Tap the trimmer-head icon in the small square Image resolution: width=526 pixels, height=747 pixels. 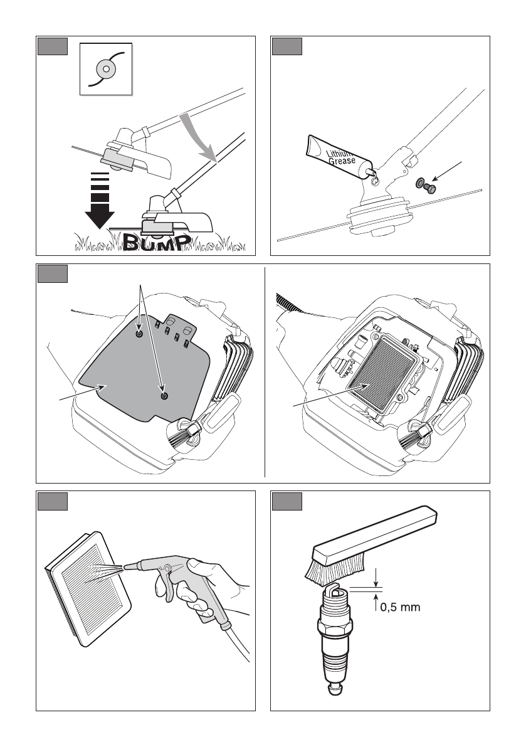[106, 68]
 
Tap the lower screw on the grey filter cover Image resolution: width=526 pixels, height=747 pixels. [164, 396]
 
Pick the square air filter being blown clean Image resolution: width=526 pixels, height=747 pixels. [88, 583]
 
